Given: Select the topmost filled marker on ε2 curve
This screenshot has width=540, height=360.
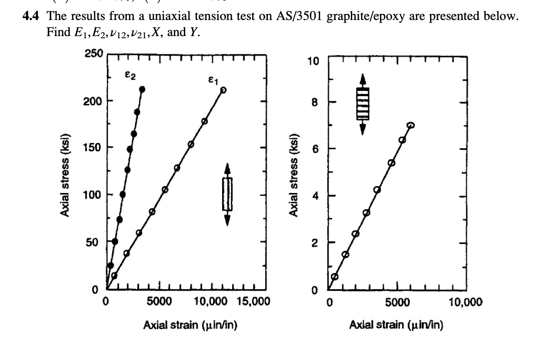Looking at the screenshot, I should point(142,89).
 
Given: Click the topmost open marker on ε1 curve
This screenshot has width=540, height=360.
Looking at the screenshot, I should point(223,90).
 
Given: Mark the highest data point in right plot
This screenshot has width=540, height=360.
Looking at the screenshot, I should point(410,125).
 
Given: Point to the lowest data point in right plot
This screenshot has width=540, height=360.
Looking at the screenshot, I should point(335,276).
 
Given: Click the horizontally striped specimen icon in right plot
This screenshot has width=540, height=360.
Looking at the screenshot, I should point(363,103).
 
